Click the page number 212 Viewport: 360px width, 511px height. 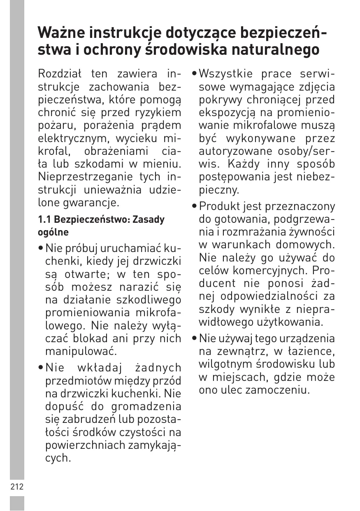(x=17, y=487)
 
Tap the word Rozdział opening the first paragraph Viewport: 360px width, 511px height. (x=60, y=74)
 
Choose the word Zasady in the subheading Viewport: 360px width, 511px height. (x=150, y=219)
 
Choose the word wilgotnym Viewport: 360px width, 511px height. (x=224, y=364)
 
